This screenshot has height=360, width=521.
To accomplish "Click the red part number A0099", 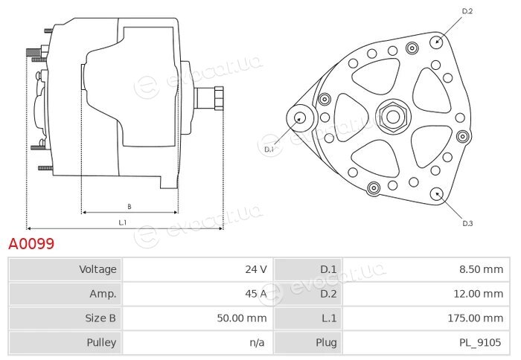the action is tap(31, 244).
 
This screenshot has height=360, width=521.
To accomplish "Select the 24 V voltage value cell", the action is tap(256, 269).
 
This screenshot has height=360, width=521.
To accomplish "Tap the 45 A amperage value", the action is tap(256, 294).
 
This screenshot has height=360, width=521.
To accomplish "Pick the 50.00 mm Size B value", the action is tap(242, 318).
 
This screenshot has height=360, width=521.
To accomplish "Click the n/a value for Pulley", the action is tap(258, 342).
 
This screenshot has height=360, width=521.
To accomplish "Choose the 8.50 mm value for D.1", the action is tap(482, 269).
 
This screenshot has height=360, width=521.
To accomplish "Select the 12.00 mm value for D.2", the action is tap(479, 294).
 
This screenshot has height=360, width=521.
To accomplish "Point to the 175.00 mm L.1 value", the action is tap(476, 318).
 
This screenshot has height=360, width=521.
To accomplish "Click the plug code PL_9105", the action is tap(480, 342).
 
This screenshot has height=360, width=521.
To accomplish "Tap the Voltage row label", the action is tap(98, 269).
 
